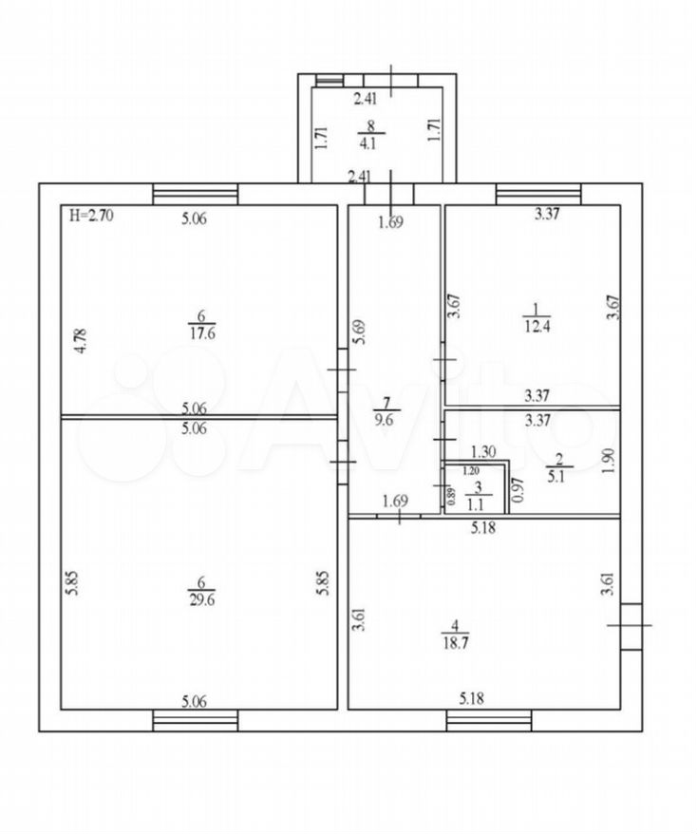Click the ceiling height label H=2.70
91,216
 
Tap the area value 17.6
202,333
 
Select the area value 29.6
202,599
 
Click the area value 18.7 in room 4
455,642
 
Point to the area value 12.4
537,326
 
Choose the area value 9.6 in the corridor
384,420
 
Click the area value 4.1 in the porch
367,143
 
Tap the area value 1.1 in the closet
477,502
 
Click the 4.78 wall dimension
81,341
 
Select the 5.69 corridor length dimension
361,332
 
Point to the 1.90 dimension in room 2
610,461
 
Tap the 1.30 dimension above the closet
483,451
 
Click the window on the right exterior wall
631,627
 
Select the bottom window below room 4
489,720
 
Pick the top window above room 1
538,194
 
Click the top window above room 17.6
195,194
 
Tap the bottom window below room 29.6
195,720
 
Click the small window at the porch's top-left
330,81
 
